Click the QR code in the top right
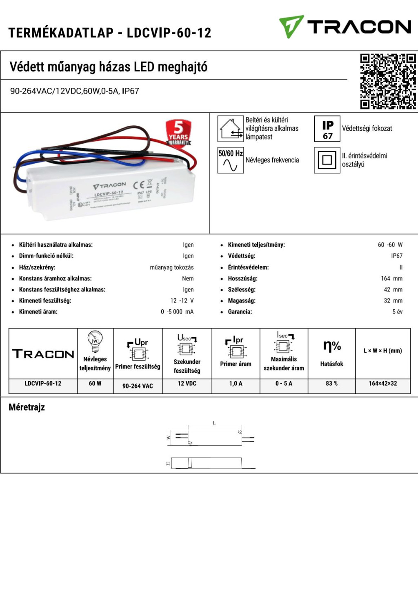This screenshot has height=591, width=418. [388, 81]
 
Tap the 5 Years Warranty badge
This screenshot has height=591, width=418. [178, 133]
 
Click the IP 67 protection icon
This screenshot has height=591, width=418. [327, 129]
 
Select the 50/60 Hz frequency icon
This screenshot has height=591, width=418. [230, 160]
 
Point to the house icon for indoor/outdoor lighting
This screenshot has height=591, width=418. [230, 129]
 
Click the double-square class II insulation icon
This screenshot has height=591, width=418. [327, 160]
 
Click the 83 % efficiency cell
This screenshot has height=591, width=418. [331, 384]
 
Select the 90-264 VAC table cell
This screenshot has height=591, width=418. [138, 386]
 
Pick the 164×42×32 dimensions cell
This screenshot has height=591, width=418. [382, 384]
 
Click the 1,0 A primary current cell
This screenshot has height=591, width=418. [236, 384]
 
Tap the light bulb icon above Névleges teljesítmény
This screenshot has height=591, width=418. [95, 341]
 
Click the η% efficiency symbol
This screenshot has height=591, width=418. [331, 346]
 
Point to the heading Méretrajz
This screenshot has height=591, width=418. [27, 407]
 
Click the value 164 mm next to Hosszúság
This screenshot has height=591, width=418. [391, 278]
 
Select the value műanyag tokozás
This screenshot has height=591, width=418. [171, 267]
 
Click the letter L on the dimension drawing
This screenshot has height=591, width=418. [214, 423]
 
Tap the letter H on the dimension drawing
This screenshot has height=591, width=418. [168, 464]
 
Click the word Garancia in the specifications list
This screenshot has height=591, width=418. [240, 312]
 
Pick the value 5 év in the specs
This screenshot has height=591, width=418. [397, 312]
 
